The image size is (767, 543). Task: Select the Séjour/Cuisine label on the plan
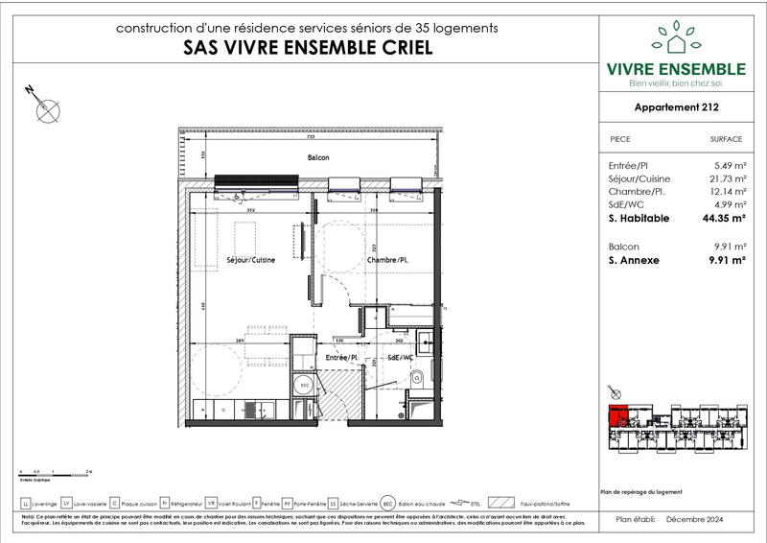(x=250, y=260)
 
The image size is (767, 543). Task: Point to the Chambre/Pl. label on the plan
(x=387, y=260)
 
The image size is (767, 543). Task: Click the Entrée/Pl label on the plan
(x=341, y=358)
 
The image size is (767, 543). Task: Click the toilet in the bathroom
(x=414, y=384)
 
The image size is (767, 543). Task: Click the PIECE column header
(x=620, y=139)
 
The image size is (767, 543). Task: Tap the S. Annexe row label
(x=635, y=258)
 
